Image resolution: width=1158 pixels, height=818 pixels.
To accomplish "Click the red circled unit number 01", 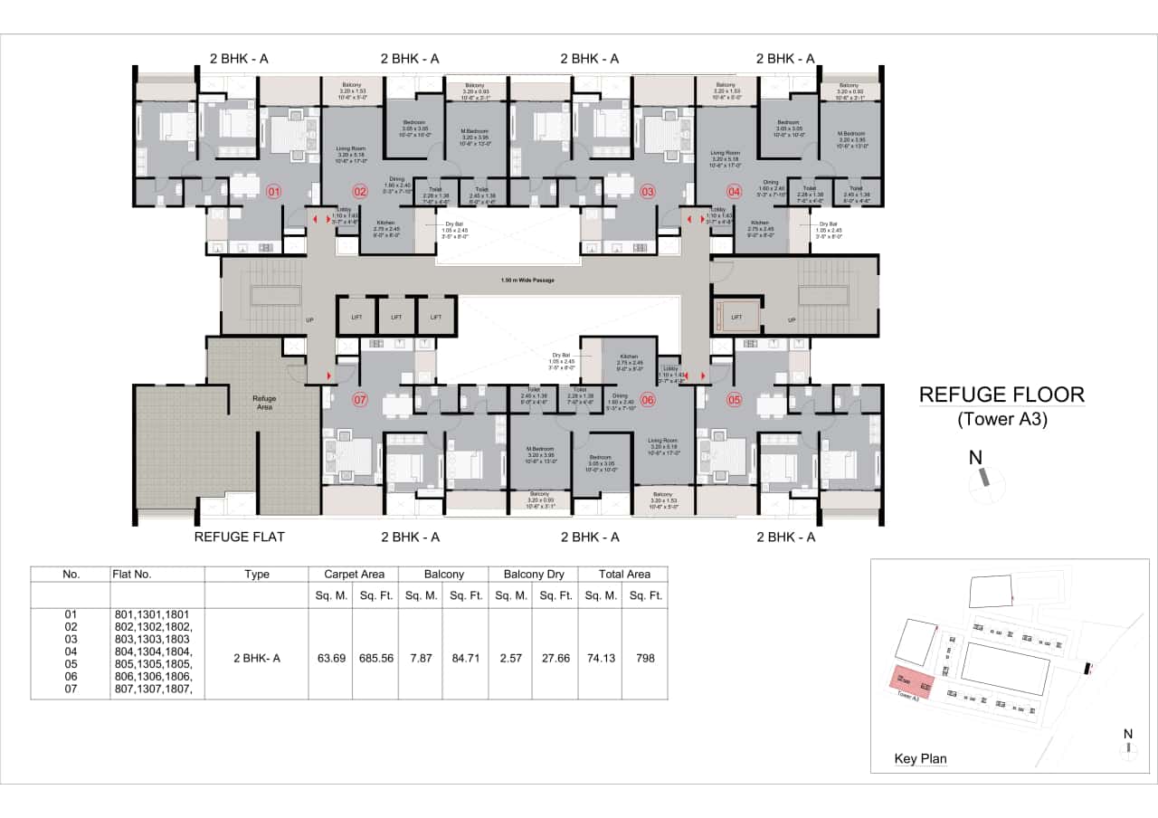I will pyautogui.click(x=274, y=191).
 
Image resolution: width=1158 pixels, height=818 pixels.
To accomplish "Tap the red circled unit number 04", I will pyautogui.click(x=734, y=191).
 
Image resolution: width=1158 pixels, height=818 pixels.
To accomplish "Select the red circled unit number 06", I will pyautogui.click(x=647, y=399).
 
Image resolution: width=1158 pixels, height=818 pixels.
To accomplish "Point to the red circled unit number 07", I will pyautogui.click(x=359, y=399).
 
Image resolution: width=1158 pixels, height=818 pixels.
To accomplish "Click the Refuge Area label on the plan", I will pyautogui.click(x=264, y=402).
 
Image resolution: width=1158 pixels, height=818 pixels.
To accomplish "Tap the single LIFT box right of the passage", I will pyautogui.click(x=736, y=317).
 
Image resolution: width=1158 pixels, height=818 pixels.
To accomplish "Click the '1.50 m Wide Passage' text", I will pyautogui.click(x=527, y=281).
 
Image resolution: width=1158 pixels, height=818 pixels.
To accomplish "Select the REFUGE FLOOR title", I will pyautogui.click(x=1001, y=395).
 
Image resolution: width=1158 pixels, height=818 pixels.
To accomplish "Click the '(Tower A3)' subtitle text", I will pyautogui.click(x=1001, y=419).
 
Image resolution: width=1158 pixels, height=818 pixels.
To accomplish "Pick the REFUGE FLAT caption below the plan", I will pyautogui.click(x=240, y=537).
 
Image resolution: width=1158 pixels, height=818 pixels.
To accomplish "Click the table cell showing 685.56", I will pyautogui.click(x=375, y=658).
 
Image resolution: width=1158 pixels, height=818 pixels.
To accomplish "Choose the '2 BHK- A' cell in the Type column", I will pyautogui.click(x=257, y=658).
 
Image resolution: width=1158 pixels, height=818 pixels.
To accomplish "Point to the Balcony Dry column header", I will pyautogui.click(x=533, y=574).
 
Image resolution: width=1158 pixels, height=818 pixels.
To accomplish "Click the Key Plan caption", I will pyautogui.click(x=920, y=759).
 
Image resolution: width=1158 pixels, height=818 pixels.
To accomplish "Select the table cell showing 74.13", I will pyautogui.click(x=600, y=658).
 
